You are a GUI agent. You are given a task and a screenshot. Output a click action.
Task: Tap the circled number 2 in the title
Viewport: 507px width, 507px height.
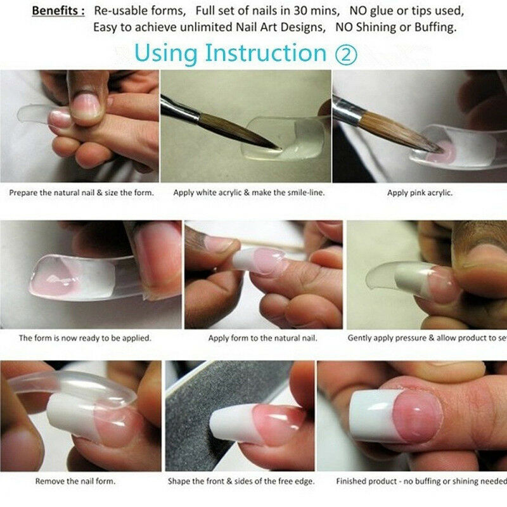coord(346,54)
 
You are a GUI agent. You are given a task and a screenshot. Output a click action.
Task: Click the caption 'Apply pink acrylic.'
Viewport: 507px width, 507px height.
coord(420,193)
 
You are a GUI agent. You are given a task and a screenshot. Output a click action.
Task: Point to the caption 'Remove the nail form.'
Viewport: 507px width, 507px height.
coord(75,481)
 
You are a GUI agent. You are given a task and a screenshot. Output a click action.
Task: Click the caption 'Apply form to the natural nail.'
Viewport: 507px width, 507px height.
coord(262,338)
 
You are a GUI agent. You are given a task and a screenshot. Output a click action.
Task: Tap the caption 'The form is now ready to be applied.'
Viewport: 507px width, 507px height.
coord(85,338)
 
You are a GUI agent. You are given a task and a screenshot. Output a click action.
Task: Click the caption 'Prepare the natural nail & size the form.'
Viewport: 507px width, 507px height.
coord(81,193)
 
